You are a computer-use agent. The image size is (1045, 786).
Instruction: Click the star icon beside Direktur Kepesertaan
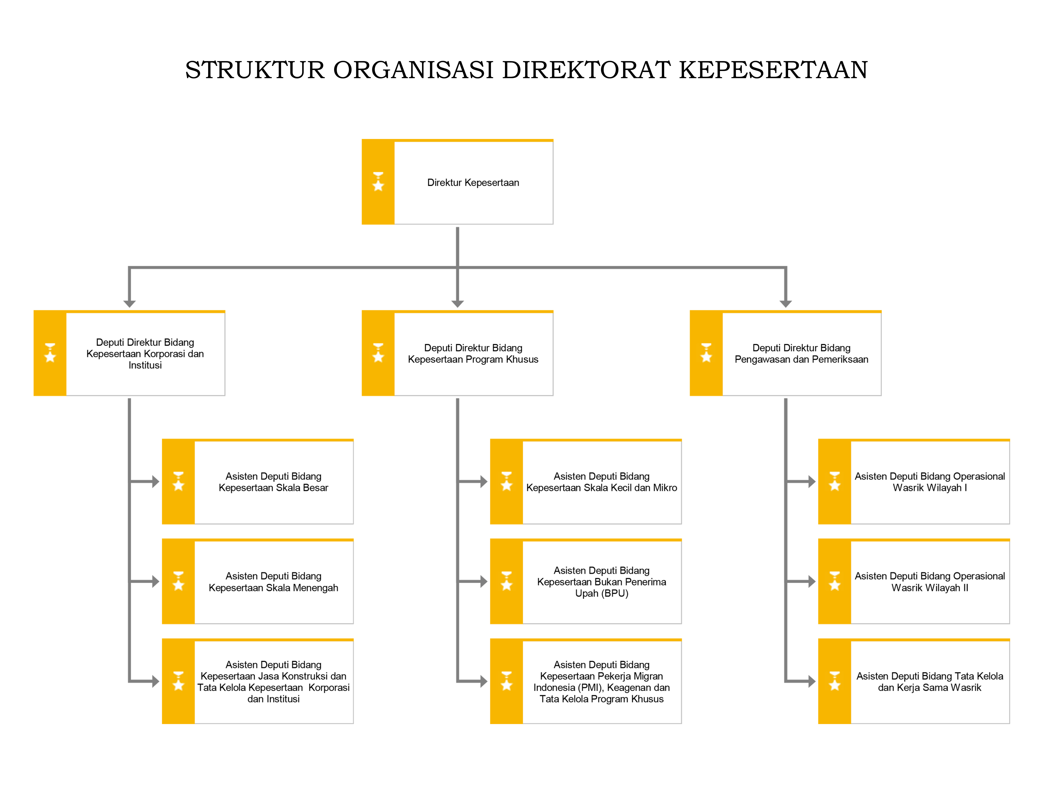click(x=378, y=182)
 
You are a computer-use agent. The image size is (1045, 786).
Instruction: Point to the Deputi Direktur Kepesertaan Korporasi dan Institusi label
click(x=145, y=353)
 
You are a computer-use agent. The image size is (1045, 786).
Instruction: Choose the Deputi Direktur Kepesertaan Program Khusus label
click(x=473, y=353)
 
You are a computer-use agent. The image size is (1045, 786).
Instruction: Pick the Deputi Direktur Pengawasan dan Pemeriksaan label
click(x=801, y=353)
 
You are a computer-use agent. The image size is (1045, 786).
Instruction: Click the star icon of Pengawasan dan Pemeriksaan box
click(x=706, y=353)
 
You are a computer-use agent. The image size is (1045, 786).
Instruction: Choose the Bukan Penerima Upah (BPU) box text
click(x=601, y=582)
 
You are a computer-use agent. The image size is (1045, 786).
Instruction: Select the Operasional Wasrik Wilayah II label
click(x=930, y=582)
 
